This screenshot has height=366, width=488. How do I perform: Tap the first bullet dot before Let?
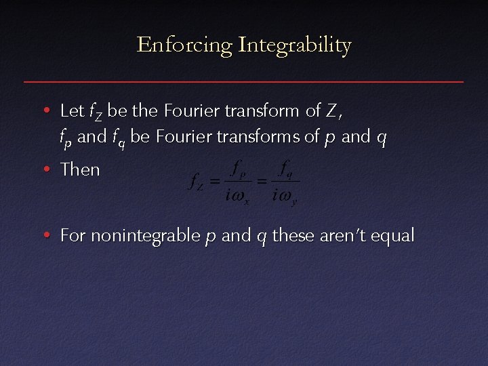click(x=45, y=110)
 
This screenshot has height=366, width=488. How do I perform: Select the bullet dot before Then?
click(x=45, y=170)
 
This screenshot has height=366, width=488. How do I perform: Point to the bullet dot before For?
click(x=45, y=237)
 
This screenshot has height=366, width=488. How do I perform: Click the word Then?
click(x=80, y=169)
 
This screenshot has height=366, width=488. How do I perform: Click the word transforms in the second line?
click(x=262, y=137)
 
